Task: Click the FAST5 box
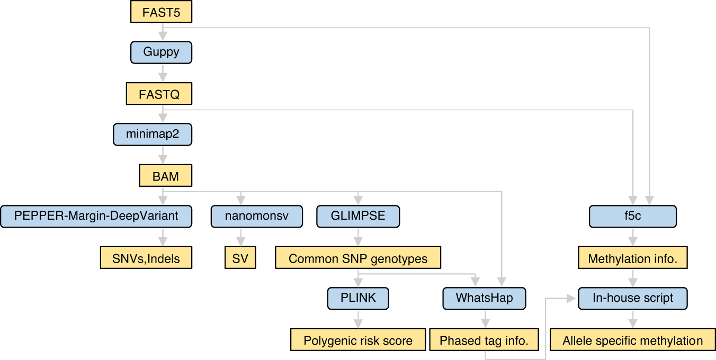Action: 161,12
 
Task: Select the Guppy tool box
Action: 161,53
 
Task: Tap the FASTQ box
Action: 159,94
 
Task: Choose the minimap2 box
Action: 153,134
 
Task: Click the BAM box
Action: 165,176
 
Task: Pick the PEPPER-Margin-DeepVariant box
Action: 96,217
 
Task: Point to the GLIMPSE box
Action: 358,217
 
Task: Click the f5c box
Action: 633,217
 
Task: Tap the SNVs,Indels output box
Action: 146,258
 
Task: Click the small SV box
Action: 240,258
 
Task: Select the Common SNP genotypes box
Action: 358,258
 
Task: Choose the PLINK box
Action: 358,298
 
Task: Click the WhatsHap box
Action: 485,298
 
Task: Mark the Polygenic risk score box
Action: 358,340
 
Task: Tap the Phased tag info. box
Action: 484,340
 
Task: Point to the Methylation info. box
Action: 633,258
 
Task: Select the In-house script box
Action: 633,298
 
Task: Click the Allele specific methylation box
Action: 633,340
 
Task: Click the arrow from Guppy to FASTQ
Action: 163,73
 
